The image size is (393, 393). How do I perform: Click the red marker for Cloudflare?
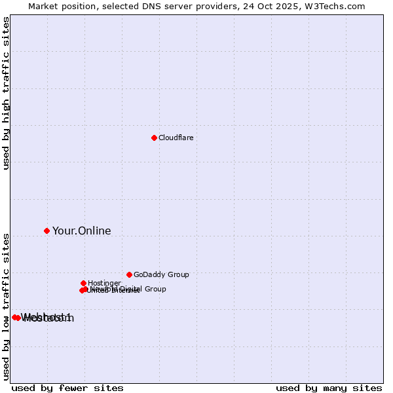[154, 138]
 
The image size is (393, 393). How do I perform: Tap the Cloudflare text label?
[176, 138]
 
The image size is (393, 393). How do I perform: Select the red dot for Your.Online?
[47, 231]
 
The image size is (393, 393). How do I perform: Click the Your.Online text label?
[81, 231]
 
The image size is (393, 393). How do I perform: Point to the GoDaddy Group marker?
[129, 274]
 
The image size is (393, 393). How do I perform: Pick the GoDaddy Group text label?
[161, 274]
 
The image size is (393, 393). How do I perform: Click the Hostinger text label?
[104, 283]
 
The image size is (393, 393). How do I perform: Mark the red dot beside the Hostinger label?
[83, 283]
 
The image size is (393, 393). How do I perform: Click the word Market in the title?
[43, 6]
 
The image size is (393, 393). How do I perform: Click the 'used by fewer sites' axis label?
[67, 388]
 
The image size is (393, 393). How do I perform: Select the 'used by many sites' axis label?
[329, 388]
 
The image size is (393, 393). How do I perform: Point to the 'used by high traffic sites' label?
[6, 93]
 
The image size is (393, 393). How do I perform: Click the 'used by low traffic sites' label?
[6, 306]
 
